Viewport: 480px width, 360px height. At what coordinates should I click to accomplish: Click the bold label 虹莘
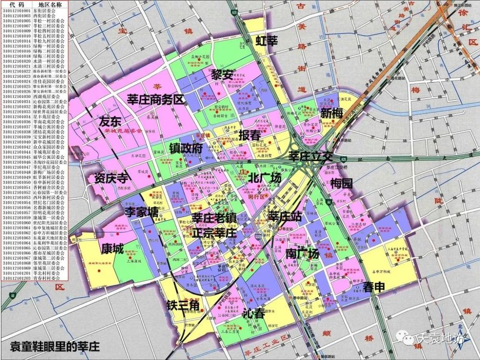pos(266,40)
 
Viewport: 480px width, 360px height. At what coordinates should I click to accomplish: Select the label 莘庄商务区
pos(156,100)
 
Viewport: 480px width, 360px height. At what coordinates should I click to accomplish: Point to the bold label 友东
pos(110,121)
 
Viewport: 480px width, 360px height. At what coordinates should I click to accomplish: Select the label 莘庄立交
pos(311,156)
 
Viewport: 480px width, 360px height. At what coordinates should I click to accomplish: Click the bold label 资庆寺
pos(111,178)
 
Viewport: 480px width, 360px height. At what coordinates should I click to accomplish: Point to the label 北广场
pos(264,178)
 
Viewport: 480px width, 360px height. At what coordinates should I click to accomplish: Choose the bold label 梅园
pos(341,183)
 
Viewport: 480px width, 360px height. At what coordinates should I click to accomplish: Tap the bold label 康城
pos(113,248)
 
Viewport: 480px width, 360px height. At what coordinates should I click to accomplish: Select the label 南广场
pos(302,253)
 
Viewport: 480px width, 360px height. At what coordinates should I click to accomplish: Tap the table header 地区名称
pos(51,4)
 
